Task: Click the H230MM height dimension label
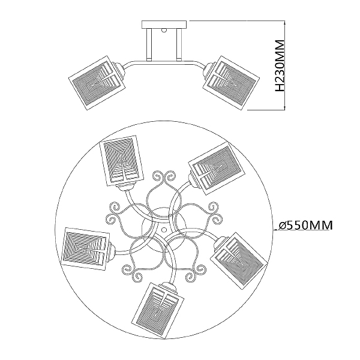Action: point(280,66)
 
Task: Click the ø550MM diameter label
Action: point(305,225)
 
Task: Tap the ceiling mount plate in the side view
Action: point(164,25)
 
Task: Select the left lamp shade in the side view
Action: point(98,83)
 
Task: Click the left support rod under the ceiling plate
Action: point(149,44)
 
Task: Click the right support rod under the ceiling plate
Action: point(179,44)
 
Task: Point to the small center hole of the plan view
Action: point(164,230)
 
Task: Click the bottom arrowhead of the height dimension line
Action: point(285,107)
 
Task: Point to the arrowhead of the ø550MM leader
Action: point(275,230)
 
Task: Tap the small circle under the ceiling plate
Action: point(164,30)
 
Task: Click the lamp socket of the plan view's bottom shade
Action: point(169,286)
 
